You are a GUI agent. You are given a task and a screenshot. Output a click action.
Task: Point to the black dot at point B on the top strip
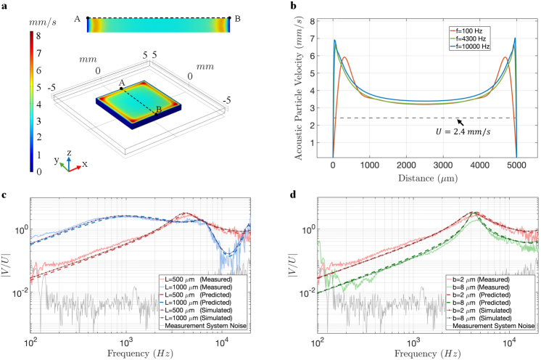tap(229, 17)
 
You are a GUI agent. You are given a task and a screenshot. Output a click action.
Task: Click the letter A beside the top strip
tap(78, 18)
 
